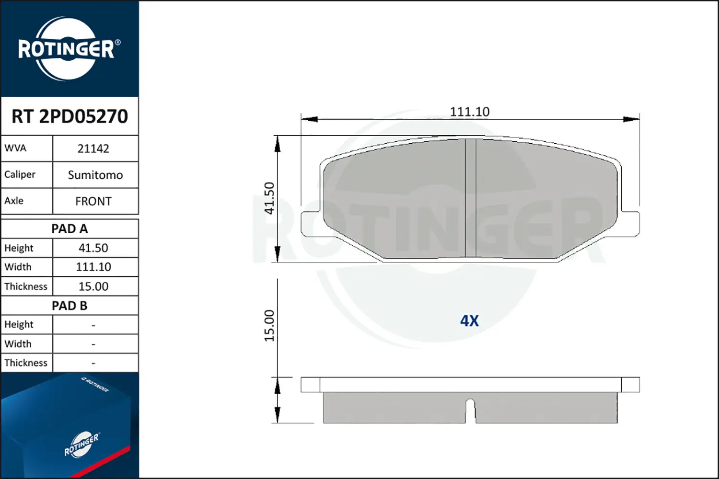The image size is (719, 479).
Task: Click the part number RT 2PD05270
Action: coord(70,116)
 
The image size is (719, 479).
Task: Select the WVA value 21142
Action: coord(93,148)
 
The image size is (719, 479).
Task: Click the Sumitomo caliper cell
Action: coord(95,175)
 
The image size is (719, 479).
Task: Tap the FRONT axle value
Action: coord(93,201)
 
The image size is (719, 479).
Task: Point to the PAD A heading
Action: coord(70,229)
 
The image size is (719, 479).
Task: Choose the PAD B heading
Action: coord(70,306)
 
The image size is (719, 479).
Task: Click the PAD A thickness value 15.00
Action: coord(93,286)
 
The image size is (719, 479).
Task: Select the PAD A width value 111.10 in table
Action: coord(93,267)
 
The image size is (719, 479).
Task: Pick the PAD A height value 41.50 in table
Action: coord(93,248)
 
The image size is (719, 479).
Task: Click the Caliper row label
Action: coord(20,174)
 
